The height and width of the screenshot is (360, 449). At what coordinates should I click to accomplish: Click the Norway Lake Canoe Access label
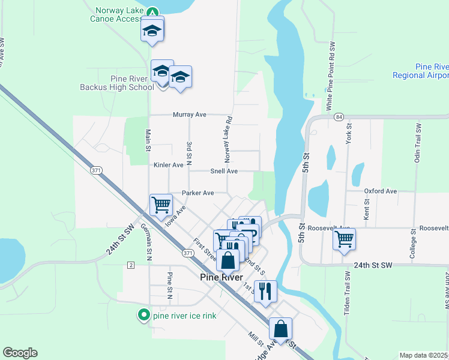click(x=119, y=14)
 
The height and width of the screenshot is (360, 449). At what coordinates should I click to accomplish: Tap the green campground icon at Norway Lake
click(x=153, y=12)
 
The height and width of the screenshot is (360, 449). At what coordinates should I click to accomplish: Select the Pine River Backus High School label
click(x=117, y=83)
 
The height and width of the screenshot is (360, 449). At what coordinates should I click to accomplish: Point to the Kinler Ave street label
click(x=169, y=164)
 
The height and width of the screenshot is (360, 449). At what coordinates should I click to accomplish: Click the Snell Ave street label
click(x=224, y=171)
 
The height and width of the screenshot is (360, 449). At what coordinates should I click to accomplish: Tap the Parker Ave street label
click(x=198, y=193)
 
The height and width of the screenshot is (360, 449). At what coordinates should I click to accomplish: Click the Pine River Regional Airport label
click(x=421, y=71)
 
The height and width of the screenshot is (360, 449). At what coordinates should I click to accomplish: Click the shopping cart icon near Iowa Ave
click(x=161, y=204)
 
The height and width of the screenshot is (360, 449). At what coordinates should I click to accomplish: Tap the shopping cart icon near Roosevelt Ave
click(x=344, y=239)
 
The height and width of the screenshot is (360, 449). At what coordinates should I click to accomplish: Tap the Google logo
click(x=20, y=353)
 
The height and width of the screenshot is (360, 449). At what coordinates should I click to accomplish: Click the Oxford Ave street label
click(x=381, y=191)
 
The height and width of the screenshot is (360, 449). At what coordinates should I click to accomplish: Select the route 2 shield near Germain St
click(x=130, y=265)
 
